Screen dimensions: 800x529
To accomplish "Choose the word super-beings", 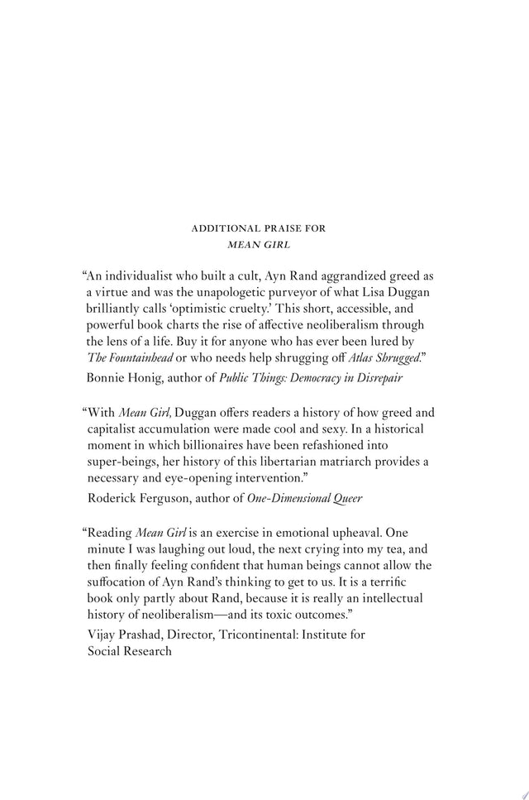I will tap(126, 464).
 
